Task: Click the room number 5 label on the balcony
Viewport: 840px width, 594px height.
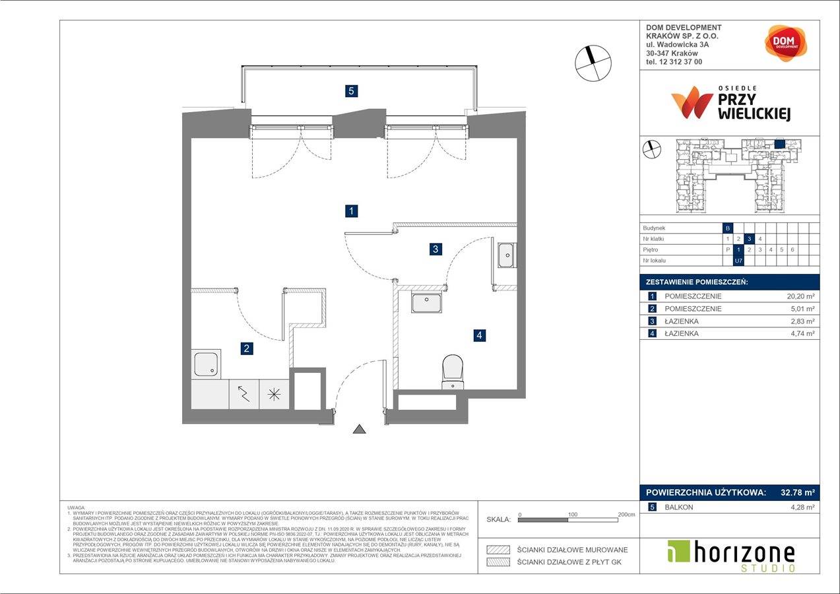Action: (x=352, y=92)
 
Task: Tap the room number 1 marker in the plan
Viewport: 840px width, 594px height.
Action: (x=352, y=211)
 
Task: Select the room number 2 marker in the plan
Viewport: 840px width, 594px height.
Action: (x=246, y=348)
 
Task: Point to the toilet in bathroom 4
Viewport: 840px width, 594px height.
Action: (x=453, y=372)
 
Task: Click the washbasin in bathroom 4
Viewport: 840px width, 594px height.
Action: (x=428, y=302)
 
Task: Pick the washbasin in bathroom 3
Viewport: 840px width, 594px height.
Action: (x=507, y=255)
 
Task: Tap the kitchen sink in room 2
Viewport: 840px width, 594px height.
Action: (x=207, y=364)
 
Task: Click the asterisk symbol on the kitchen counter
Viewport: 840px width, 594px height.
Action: (x=273, y=394)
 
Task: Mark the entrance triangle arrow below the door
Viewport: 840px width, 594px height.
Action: (x=359, y=430)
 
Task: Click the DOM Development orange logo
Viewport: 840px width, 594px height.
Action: (x=786, y=44)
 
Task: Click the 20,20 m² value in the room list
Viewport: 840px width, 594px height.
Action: (x=799, y=296)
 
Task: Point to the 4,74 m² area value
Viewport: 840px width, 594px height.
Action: (x=801, y=334)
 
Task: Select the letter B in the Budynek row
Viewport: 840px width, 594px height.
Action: (x=728, y=227)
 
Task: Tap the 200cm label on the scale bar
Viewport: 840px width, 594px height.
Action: (x=626, y=513)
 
